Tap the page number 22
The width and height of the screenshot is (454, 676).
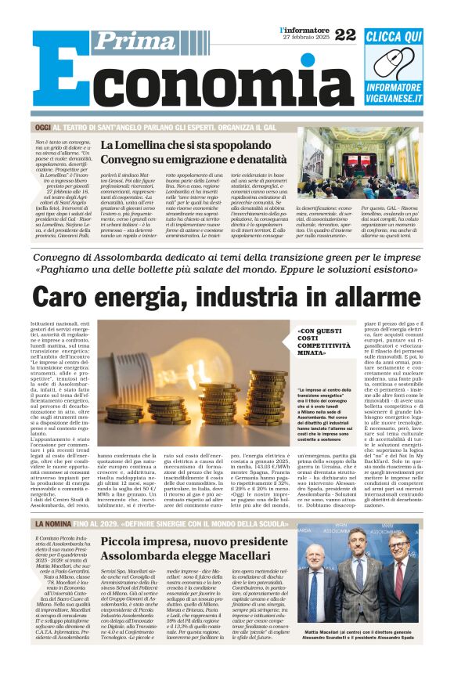click(344, 34)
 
